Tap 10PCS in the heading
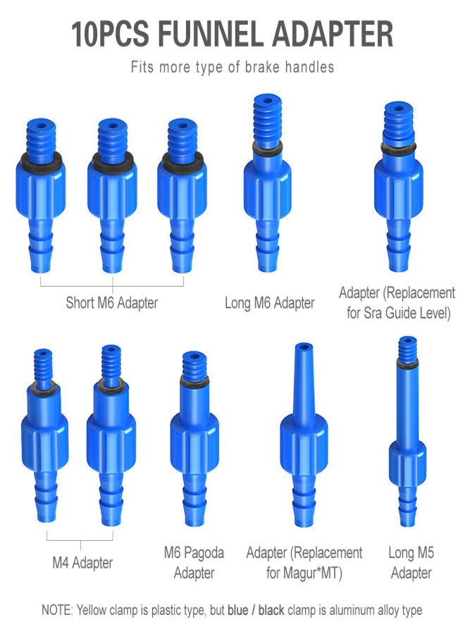point(110,35)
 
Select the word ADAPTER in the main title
point(333,35)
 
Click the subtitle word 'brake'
point(262,67)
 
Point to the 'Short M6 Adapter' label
point(111,303)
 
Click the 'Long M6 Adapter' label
point(269,303)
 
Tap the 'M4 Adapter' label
point(82,563)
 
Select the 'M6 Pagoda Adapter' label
point(194,563)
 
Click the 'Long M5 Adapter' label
point(411,563)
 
